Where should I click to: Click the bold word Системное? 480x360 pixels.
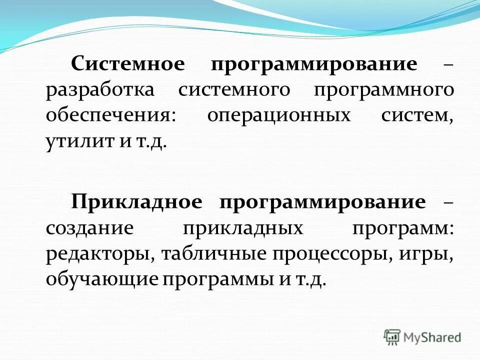pyautogui.click(x=128, y=64)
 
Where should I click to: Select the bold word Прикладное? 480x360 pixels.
pyautogui.click(x=136, y=202)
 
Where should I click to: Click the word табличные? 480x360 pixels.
pyautogui.click(x=214, y=254)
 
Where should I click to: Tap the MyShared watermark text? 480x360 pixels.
pyautogui.click(x=432, y=337)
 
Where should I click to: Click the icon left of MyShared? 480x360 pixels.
pyautogui.click(x=392, y=337)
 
